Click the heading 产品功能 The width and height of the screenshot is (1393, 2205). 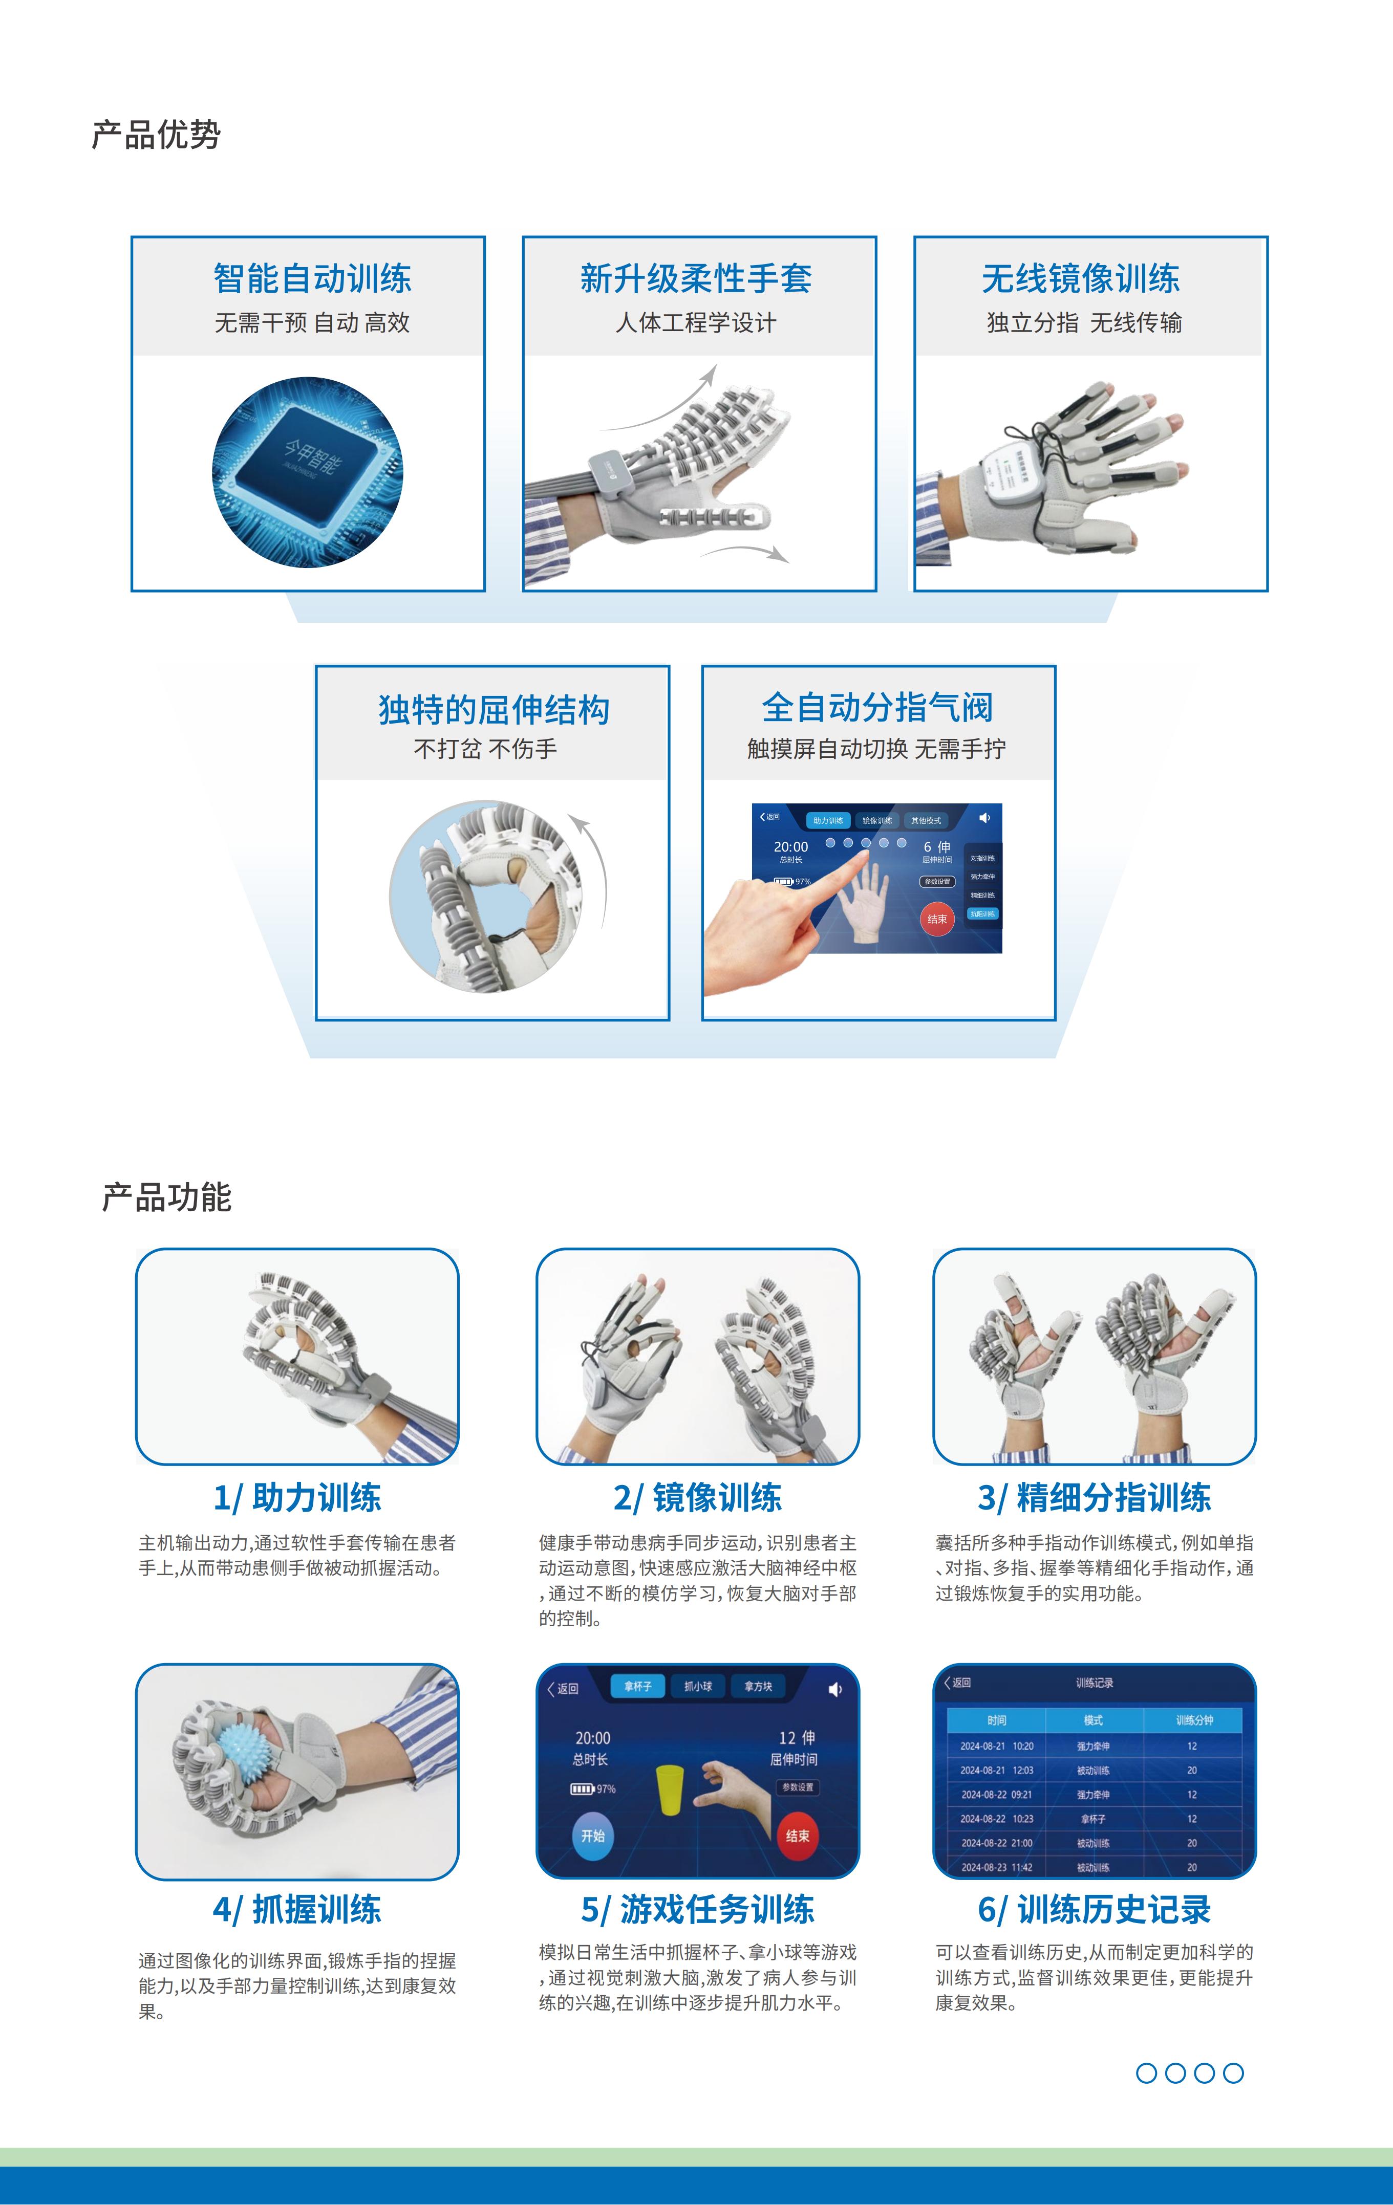click(x=167, y=1197)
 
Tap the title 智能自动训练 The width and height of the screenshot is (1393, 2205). click(x=312, y=278)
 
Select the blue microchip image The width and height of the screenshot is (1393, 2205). click(x=308, y=472)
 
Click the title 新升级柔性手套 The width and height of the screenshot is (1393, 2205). click(x=696, y=278)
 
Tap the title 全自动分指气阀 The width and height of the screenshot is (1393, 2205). click(x=877, y=707)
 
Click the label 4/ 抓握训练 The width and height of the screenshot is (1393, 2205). click(x=297, y=1909)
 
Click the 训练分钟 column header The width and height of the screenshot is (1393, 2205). click(x=1193, y=1720)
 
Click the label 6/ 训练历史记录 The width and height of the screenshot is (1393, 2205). click(x=1095, y=1909)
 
